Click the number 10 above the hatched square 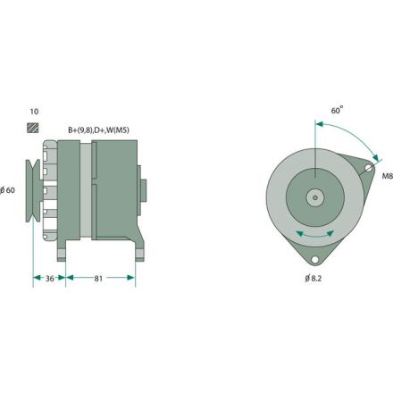click(34, 111)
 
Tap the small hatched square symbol click(34, 128)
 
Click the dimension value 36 click(51, 279)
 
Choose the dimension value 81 click(101, 279)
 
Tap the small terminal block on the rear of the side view click(144, 191)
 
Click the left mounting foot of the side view click(65, 253)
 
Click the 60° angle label click(337, 111)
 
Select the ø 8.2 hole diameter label click(313, 280)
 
